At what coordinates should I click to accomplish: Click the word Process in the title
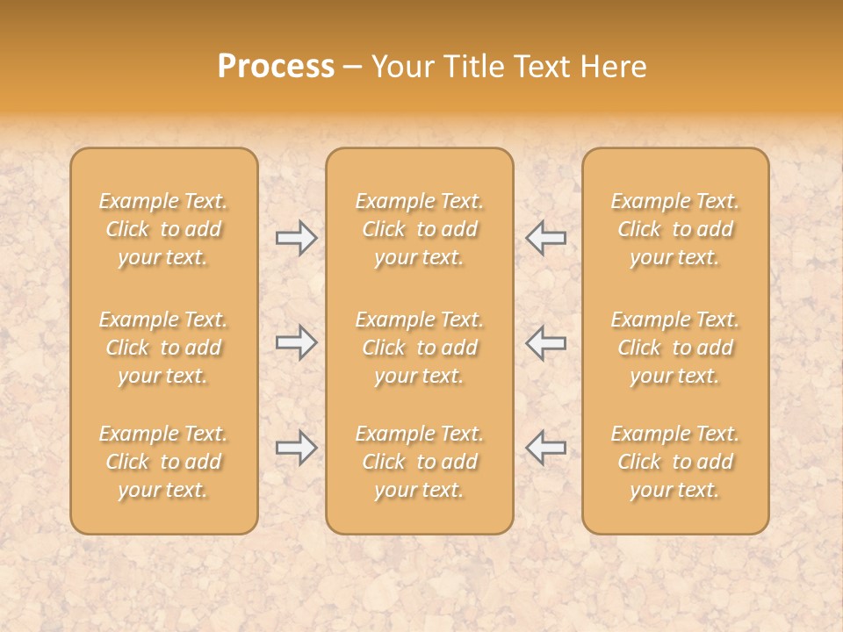(x=276, y=67)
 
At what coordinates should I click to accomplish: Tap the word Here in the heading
(x=614, y=67)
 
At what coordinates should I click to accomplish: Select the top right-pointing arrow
(x=296, y=238)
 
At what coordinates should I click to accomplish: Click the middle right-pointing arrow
(x=296, y=342)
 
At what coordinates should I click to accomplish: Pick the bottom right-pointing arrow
(x=296, y=448)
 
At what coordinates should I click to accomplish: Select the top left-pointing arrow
(x=545, y=238)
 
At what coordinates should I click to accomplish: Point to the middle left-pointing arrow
(x=545, y=342)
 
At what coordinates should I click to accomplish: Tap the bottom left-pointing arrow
(x=545, y=448)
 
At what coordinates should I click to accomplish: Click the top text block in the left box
(x=163, y=229)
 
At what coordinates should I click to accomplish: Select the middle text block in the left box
(x=163, y=348)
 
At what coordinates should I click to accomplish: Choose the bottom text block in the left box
(x=163, y=462)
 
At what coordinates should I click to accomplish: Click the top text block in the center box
(x=420, y=229)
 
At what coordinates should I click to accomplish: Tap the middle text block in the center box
(x=420, y=348)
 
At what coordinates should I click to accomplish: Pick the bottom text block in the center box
(x=420, y=462)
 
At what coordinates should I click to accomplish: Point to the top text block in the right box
(x=675, y=229)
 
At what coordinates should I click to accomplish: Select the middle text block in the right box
(x=675, y=348)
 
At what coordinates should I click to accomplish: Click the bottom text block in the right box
(x=675, y=462)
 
